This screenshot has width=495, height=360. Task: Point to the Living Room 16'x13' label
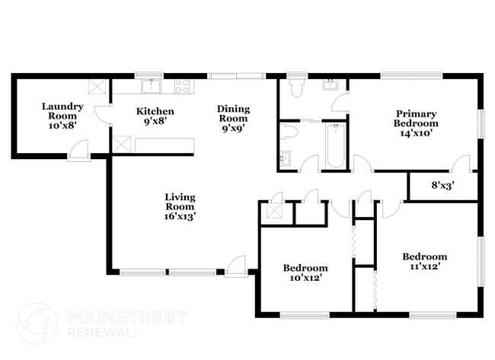point(180,206)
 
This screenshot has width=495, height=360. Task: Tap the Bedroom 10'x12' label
point(305,272)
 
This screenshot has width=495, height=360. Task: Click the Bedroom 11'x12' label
point(424,261)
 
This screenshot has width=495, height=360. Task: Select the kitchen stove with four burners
point(182,86)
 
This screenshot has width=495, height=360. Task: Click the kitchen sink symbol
point(151,84)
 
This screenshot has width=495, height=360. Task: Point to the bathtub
point(334,146)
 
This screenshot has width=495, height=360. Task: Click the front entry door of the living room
point(235,266)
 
